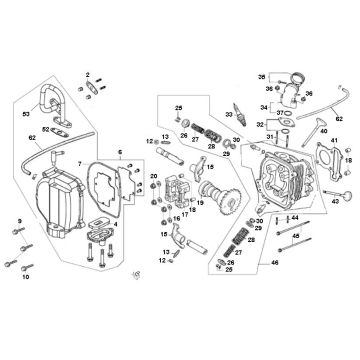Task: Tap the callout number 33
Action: [x=229, y=115]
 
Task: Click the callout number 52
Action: [x=46, y=73]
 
